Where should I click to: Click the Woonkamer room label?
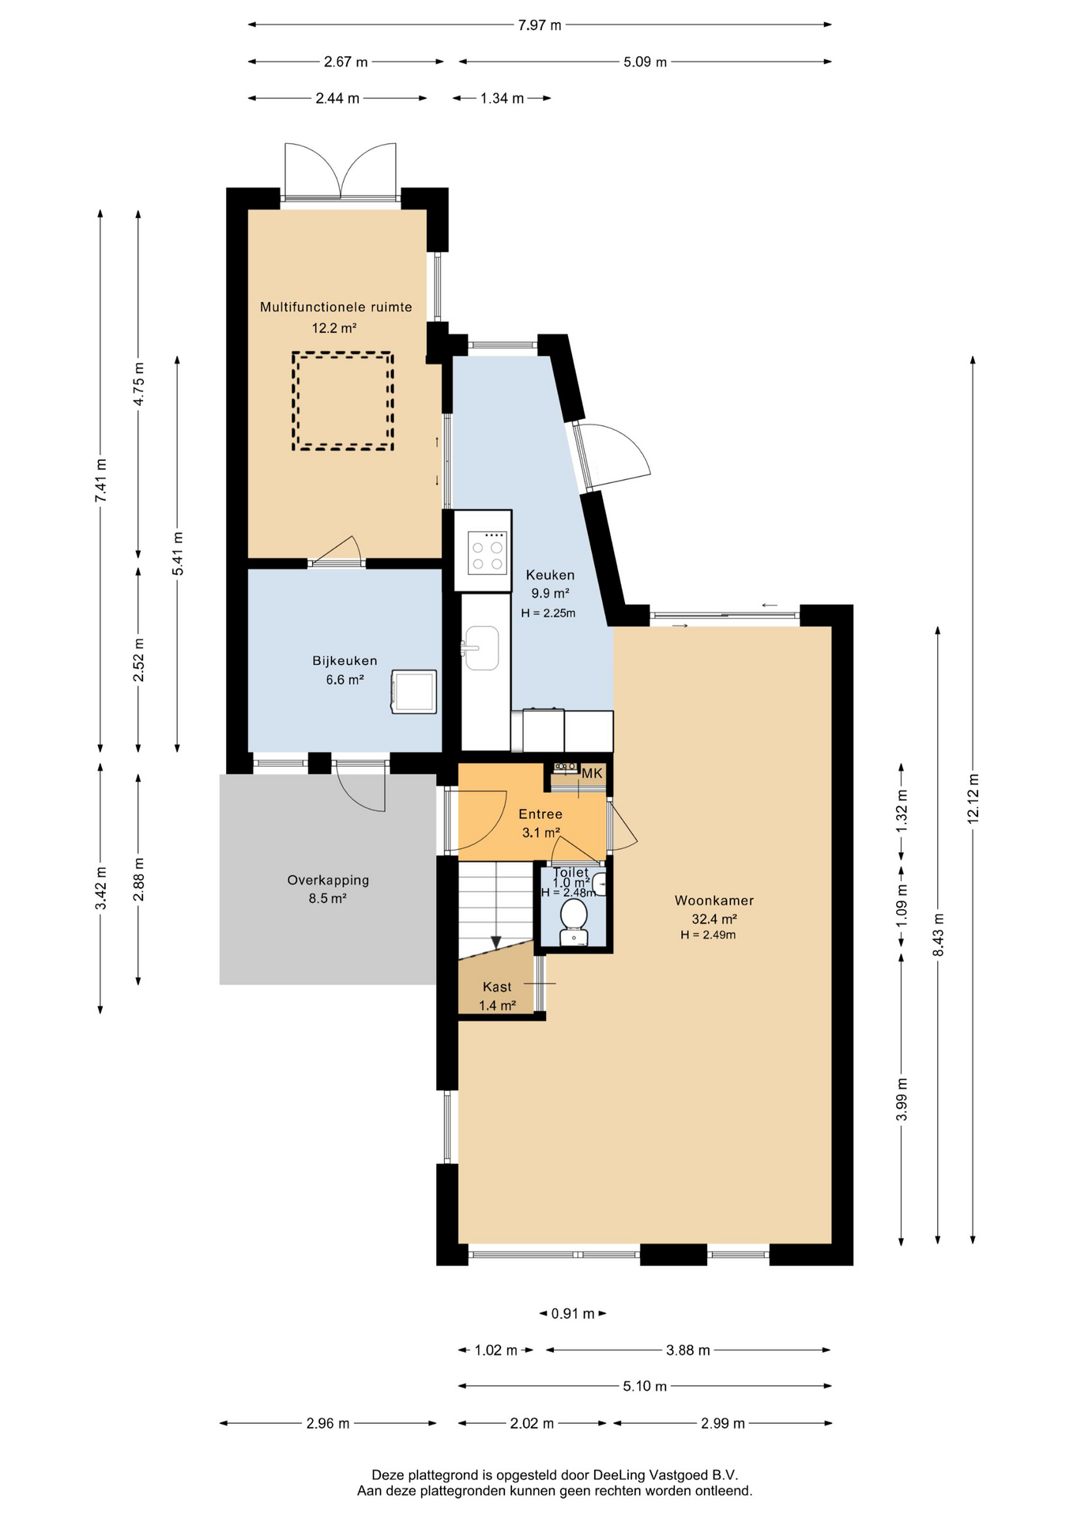pyautogui.click(x=713, y=901)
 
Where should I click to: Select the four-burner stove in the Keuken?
pyautogui.click(x=487, y=552)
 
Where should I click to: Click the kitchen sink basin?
pyautogui.click(x=482, y=648)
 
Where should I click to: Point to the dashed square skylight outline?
pyautogui.click(x=343, y=401)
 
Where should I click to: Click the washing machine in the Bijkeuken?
pyautogui.click(x=414, y=692)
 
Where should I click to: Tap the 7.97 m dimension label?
pyautogui.click(x=540, y=25)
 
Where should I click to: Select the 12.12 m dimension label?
pyautogui.click(x=973, y=799)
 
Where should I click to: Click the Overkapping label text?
pyautogui.click(x=328, y=880)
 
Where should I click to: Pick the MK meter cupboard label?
pyautogui.click(x=592, y=773)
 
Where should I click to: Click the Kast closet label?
pyautogui.click(x=497, y=987)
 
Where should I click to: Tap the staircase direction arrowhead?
pyautogui.click(x=495, y=942)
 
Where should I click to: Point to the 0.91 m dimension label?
pyautogui.click(x=573, y=1314)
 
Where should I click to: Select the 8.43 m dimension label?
pyautogui.click(x=939, y=935)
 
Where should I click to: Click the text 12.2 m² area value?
pyautogui.click(x=333, y=328)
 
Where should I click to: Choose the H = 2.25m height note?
pyautogui.click(x=548, y=613)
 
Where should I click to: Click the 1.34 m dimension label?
pyautogui.click(x=502, y=99)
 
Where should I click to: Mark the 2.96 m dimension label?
pyautogui.click(x=328, y=1424)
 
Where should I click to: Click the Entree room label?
pyautogui.click(x=540, y=814)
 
